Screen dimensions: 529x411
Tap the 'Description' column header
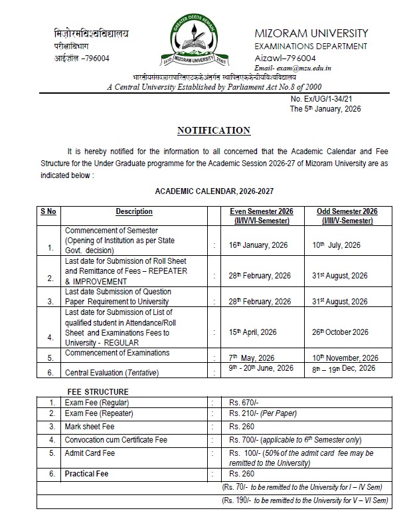134,211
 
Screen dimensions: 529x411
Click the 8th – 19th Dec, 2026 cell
343,368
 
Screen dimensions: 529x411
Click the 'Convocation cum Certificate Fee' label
116,440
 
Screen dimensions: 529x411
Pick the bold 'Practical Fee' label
86,474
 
